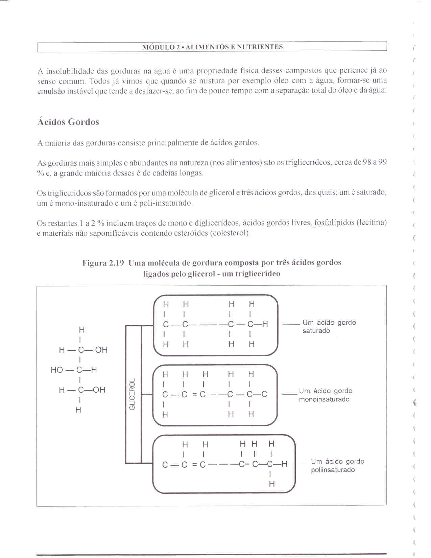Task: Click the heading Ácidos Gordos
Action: point(68,122)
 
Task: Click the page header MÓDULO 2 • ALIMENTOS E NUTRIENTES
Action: point(212,47)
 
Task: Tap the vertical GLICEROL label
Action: point(132,394)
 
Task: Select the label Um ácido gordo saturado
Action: point(329,327)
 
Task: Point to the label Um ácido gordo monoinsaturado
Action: point(326,395)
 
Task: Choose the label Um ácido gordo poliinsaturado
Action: point(337,466)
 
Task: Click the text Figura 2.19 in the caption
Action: point(103,263)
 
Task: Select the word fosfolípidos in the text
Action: point(334,223)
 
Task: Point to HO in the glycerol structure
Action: point(57,370)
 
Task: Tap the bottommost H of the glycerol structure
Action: point(78,410)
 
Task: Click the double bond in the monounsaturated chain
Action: point(194,395)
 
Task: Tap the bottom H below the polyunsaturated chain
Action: point(272,484)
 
